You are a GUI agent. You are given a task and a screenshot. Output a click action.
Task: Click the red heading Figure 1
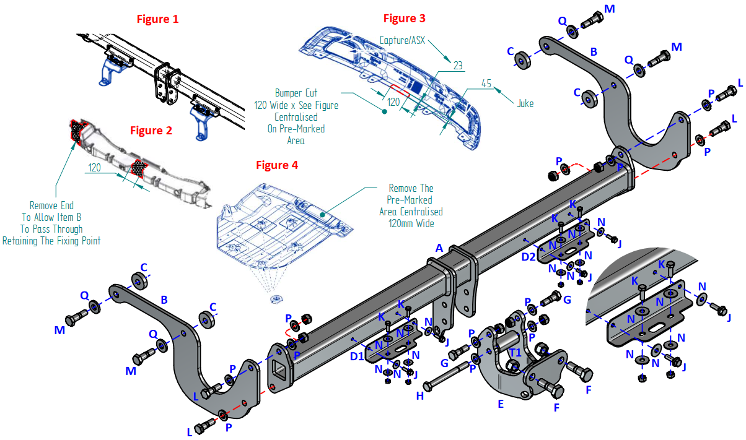pyautogui.click(x=157, y=19)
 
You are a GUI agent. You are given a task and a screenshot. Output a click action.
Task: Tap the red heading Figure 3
pyautogui.click(x=404, y=18)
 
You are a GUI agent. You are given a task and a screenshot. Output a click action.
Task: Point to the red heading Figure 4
pyautogui.click(x=277, y=165)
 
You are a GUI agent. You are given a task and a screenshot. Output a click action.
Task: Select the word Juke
pyautogui.click(x=525, y=104)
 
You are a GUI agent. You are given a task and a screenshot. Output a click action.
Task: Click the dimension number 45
pyautogui.click(x=486, y=84)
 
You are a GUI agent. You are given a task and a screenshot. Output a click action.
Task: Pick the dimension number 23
pyautogui.click(x=458, y=65)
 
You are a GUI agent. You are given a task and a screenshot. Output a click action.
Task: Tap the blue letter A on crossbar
pyautogui.click(x=439, y=248)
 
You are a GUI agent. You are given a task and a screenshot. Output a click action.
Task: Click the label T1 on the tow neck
pyautogui.click(x=515, y=353)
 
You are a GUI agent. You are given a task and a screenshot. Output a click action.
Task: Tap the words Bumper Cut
pyautogui.click(x=296, y=93)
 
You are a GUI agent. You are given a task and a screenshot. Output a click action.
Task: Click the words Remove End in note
pyautogui.click(x=51, y=205)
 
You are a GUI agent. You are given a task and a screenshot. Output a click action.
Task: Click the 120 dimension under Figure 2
pyautogui.click(x=95, y=168)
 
